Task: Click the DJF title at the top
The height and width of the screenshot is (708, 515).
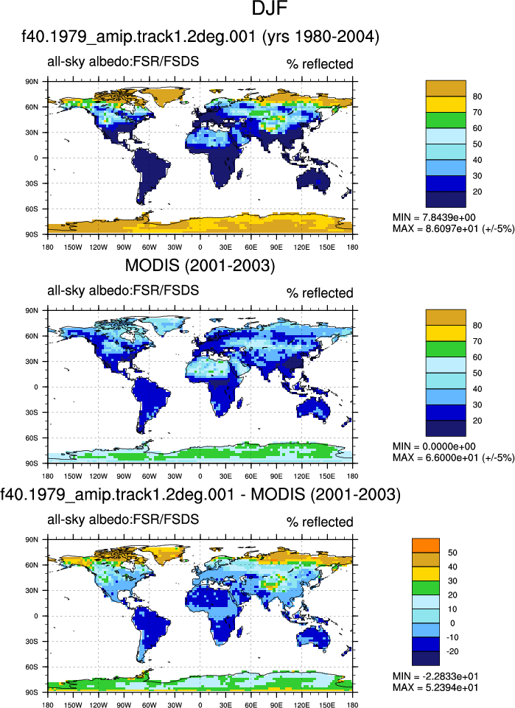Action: click(x=270, y=9)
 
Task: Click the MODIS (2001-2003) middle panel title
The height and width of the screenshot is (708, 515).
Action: click(x=200, y=265)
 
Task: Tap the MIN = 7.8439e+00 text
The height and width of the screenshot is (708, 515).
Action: click(x=434, y=217)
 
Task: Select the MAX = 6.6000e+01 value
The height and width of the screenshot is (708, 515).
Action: click(x=453, y=458)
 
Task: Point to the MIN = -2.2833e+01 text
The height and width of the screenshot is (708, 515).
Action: click(x=435, y=676)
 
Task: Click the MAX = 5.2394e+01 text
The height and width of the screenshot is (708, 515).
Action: click(x=435, y=687)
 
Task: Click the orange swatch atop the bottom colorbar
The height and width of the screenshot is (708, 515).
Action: click(x=426, y=545)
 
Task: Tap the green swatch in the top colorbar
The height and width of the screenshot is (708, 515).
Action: click(x=446, y=120)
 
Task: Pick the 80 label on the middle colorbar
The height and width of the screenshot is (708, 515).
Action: click(x=477, y=326)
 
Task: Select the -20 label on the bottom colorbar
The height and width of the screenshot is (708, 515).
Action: click(x=452, y=651)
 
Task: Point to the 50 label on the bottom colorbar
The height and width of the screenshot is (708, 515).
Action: click(x=452, y=553)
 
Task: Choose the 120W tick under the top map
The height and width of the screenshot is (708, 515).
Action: click(x=99, y=247)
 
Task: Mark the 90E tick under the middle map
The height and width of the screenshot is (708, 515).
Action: click(x=276, y=476)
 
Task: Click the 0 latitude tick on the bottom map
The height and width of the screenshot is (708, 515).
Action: click(x=37, y=616)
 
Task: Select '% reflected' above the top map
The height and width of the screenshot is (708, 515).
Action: click(x=320, y=64)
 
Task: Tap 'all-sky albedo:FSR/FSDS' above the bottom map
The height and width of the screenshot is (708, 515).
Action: click(x=123, y=519)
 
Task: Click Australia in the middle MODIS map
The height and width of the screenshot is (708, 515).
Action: click(x=313, y=409)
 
